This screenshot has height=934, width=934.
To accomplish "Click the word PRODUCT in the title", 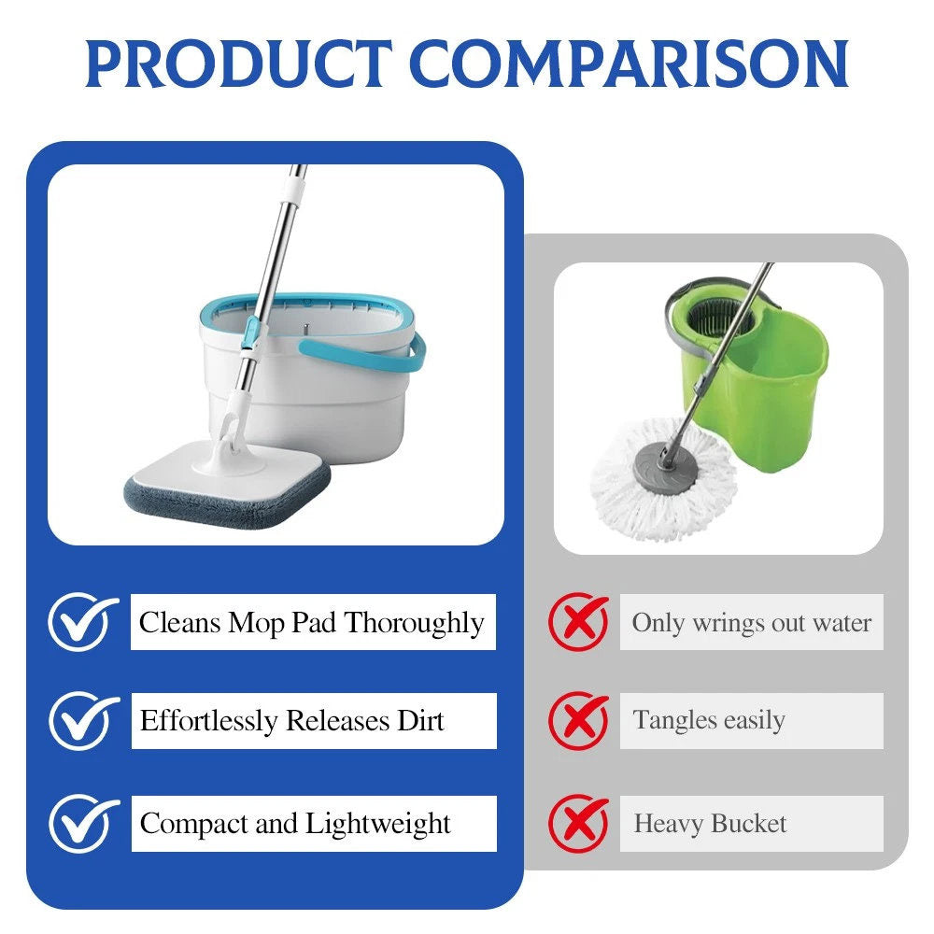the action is (239, 64).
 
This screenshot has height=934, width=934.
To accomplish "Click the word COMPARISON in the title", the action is (629, 64).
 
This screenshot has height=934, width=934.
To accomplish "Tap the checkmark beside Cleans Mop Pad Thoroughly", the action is (83, 621).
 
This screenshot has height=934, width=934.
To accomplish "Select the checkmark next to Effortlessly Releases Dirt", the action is (83, 720).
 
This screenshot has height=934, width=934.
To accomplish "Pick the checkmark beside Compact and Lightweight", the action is (83, 823).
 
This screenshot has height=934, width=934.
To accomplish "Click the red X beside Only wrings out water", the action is (579, 621).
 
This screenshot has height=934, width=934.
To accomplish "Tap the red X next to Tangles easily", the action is (579, 720).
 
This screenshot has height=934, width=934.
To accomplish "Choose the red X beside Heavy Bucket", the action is (579, 823).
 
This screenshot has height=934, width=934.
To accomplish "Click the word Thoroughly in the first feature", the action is (414, 624).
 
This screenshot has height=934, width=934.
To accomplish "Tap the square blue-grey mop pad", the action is (227, 484).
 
